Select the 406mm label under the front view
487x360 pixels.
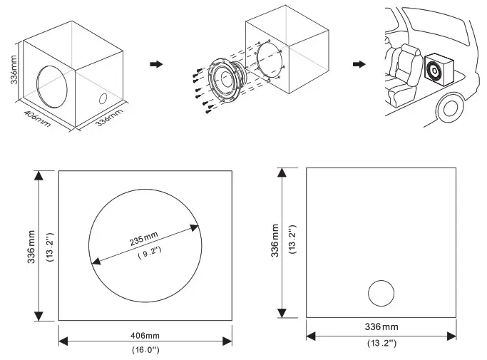[145, 335]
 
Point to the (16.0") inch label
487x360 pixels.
[145, 350]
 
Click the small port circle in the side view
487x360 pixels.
[381, 293]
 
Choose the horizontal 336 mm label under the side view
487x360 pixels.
[381, 327]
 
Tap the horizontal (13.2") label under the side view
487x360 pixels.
[381, 341]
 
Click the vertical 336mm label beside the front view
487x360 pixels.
[31, 246]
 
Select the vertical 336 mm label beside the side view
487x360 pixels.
[275, 242]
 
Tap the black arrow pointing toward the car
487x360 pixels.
[362, 64]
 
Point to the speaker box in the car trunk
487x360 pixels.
[436, 72]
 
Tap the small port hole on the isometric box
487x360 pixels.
[104, 99]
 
